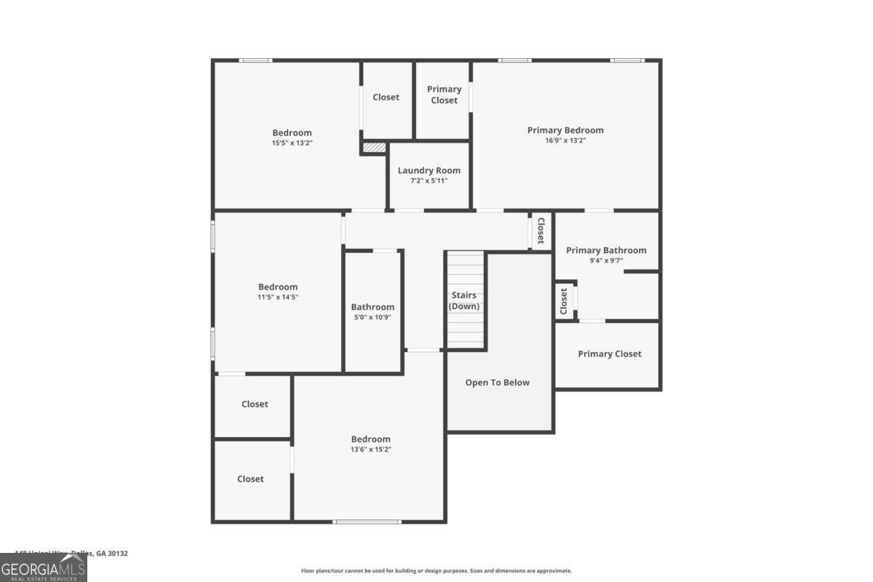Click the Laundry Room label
click(x=429, y=170)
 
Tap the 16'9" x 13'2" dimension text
click(x=565, y=140)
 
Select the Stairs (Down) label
click(x=463, y=300)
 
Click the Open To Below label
click(x=498, y=383)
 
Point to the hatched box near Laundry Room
click(x=374, y=148)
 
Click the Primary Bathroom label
click(x=606, y=250)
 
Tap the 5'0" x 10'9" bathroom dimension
click(x=372, y=317)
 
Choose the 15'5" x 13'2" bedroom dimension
click(x=292, y=143)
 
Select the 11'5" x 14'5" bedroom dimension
click(x=278, y=297)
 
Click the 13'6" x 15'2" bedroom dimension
click(x=370, y=450)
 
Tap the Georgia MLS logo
click(x=43, y=568)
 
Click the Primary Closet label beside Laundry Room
click(x=444, y=95)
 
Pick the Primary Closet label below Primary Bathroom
click(x=610, y=354)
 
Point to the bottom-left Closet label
click(x=250, y=479)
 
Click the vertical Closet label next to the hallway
click(x=541, y=231)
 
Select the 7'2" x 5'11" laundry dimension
click(x=429, y=180)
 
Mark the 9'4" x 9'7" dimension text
click(x=606, y=260)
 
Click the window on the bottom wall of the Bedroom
click(x=367, y=521)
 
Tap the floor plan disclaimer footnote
click(x=436, y=571)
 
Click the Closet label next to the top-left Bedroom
click(x=386, y=97)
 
